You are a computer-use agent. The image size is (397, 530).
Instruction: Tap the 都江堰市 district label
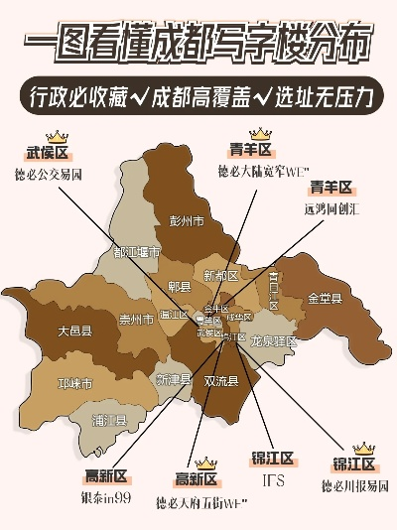pyautogui.click(x=136, y=252)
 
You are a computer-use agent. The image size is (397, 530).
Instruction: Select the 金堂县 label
pyautogui.click(x=325, y=298)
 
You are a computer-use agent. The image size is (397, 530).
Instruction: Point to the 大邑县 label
pyautogui.click(x=74, y=331)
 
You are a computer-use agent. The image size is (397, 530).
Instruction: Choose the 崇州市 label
pyautogui.click(x=136, y=320)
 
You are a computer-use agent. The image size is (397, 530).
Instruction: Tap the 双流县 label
pyautogui.click(x=220, y=380)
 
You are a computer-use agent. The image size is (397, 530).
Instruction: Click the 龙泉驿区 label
pyautogui.click(x=273, y=340)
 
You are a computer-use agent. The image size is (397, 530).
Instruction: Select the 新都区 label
pyautogui.click(x=220, y=275)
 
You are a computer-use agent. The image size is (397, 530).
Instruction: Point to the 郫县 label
pyautogui.click(x=180, y=287)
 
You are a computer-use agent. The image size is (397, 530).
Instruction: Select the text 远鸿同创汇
pyautogui.click(x=331, y=209)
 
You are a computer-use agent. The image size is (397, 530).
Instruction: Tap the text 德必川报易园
pyautogui.click(x=355, y=486)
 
